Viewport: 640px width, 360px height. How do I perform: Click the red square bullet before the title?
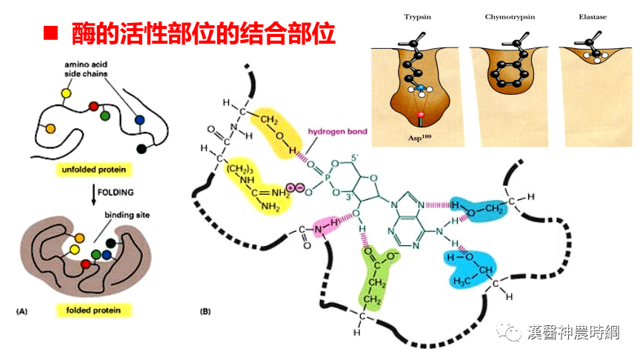click(x=50, y=33)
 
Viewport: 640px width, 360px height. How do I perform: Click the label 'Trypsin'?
click(x=419, y=16)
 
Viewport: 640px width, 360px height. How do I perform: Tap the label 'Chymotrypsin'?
click(x=504, y=16)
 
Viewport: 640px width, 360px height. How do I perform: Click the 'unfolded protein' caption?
click(x=93, y=170)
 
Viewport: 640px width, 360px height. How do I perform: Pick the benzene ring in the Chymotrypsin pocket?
click(x=506, y=75)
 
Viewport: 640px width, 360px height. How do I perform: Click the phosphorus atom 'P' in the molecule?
click(x=308, y=178)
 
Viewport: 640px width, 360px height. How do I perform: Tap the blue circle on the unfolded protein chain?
click(x=139, y=119)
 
